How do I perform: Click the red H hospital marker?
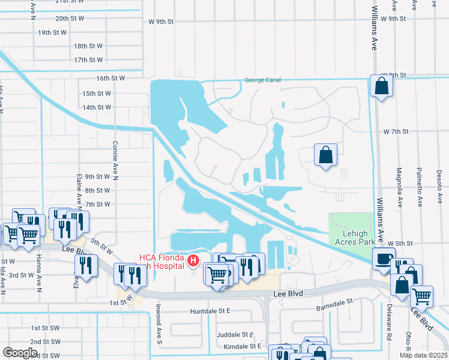tap(193, 260)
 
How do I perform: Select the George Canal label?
tap(262, 80)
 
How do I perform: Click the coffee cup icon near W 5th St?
tap(382, 259)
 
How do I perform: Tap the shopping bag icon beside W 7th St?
tap(325, 155)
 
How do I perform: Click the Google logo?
tap(20, 353)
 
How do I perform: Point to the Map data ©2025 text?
tap(423, 355)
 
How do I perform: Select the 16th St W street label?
tap(110, 78)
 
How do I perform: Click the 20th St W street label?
tap(70, 19)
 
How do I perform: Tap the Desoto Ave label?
tap(439, 186)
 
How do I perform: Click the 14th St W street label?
tap(97, 107)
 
